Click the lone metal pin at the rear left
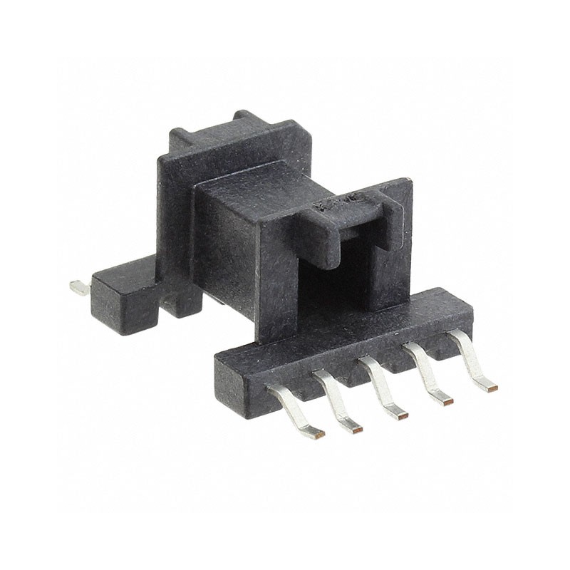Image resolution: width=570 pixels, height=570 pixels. tap(78, 288)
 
